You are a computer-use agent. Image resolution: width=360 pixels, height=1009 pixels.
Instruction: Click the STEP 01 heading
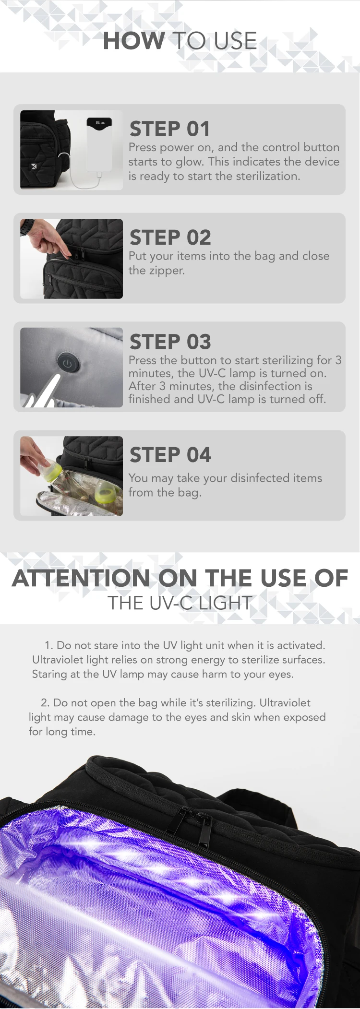(x=170, y=129)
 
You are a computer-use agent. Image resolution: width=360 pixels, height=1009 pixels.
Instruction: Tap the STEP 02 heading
(x=170, y=237)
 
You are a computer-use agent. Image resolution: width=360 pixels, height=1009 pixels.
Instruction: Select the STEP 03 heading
(x=170, y=342)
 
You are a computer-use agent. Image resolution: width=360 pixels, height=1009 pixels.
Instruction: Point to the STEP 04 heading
(x=170, y=455)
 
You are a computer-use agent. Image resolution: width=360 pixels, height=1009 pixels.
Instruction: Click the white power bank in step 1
(x=99, y=144)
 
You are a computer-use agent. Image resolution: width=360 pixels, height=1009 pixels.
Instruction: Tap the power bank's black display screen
(x=99, y=122)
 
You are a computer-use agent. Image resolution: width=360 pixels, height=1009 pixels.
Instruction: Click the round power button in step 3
(x=68, y=364)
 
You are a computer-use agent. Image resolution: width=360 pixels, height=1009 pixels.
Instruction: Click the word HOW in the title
(x=134, y=41)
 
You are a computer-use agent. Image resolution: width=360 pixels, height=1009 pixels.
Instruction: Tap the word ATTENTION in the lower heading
(x=81, y=578)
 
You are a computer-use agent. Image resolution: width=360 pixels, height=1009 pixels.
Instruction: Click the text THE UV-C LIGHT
(x=180, y=603)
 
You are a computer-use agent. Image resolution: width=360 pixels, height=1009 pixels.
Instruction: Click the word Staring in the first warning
(x=50, y=675)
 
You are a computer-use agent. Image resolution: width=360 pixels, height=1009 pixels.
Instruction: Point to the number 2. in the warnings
(x=46, y=703)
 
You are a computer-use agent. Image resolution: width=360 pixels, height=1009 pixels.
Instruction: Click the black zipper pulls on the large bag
(x=192, y=826)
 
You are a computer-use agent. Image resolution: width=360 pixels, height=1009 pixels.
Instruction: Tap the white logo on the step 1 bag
(x=34, y=166)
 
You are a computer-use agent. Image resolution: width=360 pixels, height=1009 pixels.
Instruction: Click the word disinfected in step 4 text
(x=260, y=478)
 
